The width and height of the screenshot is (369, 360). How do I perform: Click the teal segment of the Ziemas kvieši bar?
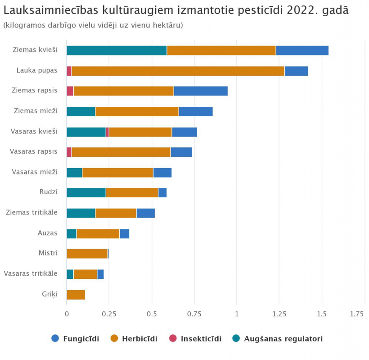117,50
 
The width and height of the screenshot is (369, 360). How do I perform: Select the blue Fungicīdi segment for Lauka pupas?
296,71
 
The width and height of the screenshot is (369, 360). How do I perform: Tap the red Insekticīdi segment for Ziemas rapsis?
70,91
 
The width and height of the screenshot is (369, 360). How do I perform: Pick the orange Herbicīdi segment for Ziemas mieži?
137,111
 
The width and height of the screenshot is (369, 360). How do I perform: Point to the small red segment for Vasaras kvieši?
108,132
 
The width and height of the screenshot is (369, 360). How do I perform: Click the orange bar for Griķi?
76,295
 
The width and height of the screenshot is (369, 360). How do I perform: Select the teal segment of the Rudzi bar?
86,193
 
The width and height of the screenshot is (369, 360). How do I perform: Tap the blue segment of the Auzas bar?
124,233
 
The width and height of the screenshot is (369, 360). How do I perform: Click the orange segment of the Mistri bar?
87,254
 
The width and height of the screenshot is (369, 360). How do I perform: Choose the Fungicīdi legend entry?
76,338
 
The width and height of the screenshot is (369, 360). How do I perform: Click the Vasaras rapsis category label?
34,151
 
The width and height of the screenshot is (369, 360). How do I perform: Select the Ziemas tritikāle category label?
31,212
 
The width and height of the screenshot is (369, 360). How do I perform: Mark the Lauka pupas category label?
37,70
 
